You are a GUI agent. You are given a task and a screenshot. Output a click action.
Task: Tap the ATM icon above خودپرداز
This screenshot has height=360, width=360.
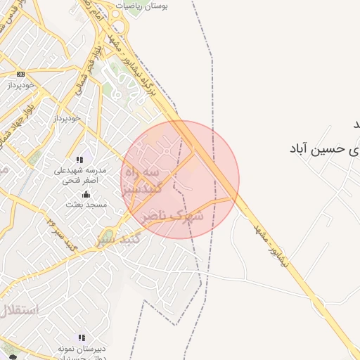pos(20,74)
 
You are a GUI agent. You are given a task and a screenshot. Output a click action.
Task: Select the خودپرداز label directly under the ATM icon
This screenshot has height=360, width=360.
pos(20,84)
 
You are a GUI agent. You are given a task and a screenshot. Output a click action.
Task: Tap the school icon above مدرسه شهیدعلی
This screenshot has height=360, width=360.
pos(79,160)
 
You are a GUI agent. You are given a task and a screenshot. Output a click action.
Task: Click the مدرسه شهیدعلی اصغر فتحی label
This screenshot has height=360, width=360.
pos(80,176)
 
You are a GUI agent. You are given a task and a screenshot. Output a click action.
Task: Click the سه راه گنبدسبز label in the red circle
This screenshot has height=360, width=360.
pos(145,180)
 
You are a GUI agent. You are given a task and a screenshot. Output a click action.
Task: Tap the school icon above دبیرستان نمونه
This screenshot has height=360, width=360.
pos(82,337)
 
